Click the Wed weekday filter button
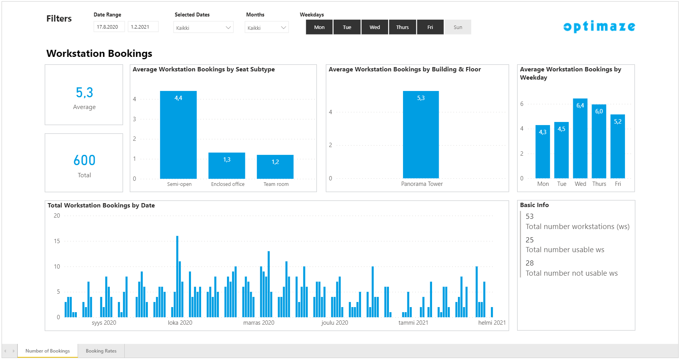click(375, 27)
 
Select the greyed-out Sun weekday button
click(458, 27)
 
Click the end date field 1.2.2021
click(143, 27)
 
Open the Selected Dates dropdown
click(203, 27)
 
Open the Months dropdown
click(267, 27)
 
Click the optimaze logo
click(599, 26)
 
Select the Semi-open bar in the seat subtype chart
click(178, 135)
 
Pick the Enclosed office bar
click(227, 165)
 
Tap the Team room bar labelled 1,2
click(275, 167)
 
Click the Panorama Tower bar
click(421, 135)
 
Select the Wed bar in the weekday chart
click(580, 138)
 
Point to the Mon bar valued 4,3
click(543, 152)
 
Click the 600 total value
click(84, 160)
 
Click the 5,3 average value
click(84, 93)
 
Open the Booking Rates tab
click(101, 351)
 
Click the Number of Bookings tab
click(47, 351)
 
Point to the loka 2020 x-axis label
click(180, 323)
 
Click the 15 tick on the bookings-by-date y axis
click(57, 241)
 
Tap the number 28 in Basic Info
click(530, 263)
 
